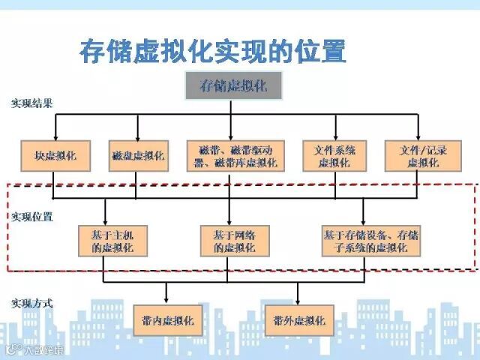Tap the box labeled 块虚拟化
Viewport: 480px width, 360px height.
55,156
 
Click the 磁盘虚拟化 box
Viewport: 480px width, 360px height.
137,156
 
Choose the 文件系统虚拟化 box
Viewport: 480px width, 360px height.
334,156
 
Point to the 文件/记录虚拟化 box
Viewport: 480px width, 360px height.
422,156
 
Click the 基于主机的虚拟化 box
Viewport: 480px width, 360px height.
111,241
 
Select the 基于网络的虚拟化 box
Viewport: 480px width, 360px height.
229,241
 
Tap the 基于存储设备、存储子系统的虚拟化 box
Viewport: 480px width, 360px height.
371,241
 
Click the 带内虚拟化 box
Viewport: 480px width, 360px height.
167,320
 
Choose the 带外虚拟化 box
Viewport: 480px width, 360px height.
299,320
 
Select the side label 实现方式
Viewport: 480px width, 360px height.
31,304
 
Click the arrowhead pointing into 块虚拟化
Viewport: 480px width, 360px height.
55,137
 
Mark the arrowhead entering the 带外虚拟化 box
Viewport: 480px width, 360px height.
298,301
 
